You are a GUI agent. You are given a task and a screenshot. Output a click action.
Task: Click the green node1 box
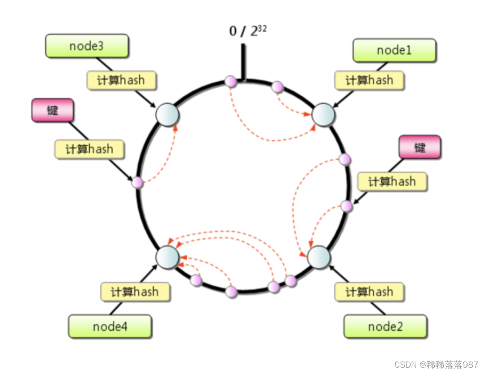[394, 50]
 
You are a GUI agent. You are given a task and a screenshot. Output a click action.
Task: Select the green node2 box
[385, 326]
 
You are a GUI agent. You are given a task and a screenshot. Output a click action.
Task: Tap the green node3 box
[87, 46]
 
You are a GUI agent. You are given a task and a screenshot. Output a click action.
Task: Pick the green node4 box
[110, 326]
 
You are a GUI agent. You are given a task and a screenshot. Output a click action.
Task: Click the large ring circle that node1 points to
[323, 115]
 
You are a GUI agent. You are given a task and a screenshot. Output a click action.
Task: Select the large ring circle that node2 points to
[319, 257]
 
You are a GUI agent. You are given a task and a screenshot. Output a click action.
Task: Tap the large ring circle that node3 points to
[168, 115]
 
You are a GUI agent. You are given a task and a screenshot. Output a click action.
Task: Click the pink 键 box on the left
[53, 111]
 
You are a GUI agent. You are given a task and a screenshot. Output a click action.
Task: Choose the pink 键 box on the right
[420, 147]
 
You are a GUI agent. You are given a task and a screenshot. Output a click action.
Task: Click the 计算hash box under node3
[121, 81]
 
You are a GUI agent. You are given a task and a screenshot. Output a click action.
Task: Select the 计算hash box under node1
[369, 81]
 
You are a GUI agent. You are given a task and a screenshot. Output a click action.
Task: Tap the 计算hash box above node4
[135, 292]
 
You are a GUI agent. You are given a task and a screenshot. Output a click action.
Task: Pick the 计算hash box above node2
[369, 292]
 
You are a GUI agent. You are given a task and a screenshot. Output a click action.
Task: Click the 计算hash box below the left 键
[89, 149]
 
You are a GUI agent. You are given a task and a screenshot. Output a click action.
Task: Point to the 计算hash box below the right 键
[392, 182]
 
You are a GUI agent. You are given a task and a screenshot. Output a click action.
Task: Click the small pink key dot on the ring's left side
[137, 183]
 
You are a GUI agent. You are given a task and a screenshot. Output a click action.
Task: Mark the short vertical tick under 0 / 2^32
[243, 62]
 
